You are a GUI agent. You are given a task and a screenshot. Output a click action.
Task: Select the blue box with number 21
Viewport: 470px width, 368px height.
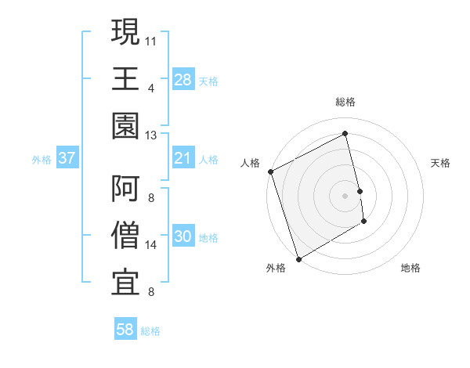183,159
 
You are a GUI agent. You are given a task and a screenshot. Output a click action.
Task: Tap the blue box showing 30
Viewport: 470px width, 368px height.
183,237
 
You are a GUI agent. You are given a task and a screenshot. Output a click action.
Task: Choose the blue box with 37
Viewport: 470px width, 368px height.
67,159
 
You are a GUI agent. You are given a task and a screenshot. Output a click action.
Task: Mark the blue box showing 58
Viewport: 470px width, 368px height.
125,330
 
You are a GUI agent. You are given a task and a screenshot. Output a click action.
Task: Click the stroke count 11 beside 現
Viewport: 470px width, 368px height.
151,39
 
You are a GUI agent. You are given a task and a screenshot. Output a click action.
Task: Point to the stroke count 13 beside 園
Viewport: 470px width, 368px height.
151,135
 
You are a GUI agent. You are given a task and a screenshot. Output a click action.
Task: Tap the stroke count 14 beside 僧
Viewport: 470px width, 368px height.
151,245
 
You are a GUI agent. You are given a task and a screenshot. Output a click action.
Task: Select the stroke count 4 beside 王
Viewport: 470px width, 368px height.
150,87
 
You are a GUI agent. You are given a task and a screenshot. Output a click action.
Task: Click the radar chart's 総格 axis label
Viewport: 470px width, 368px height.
345,102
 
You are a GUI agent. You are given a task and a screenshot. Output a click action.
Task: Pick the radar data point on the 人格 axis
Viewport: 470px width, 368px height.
270,171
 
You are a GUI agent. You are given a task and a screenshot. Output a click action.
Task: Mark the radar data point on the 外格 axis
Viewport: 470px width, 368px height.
298,258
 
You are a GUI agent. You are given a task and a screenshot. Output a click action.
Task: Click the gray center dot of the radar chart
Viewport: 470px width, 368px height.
345,195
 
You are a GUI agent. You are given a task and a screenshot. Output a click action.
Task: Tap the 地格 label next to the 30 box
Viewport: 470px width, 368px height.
208,238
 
